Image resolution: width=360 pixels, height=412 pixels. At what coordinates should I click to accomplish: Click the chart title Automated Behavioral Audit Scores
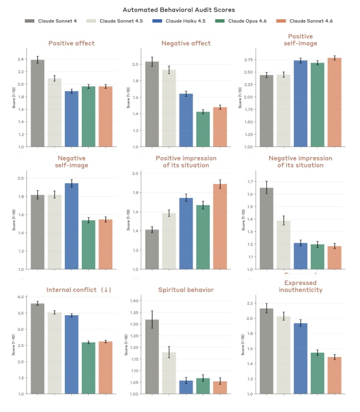click(x=179, y=10)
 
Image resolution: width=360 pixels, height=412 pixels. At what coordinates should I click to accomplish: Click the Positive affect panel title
click(x=71, y=43)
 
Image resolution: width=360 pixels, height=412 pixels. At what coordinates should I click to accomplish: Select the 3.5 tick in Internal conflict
click(x=21, y=313)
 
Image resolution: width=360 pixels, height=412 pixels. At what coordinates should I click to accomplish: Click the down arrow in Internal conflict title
click(x=107, y=290)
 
